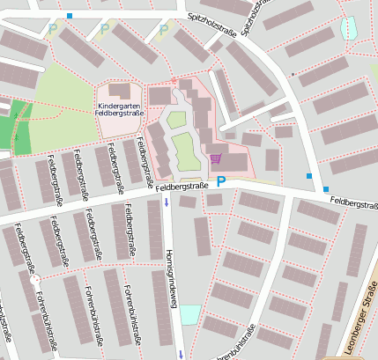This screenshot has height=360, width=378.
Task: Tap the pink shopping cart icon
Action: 216,158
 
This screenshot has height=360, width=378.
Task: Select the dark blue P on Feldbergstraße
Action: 222,182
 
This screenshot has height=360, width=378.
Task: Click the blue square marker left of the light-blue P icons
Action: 70,16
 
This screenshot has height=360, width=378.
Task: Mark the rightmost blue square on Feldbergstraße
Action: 325,189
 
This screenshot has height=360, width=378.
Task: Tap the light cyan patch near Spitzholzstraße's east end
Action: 349,27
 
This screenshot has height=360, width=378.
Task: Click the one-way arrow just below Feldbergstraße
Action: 167,204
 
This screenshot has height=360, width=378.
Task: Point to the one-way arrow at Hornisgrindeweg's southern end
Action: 181,354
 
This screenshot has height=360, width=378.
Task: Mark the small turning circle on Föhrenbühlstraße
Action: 36,281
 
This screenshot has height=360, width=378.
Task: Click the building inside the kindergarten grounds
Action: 120,91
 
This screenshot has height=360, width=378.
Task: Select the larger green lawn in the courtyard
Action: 184,150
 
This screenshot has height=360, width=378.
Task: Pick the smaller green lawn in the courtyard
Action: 177,119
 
